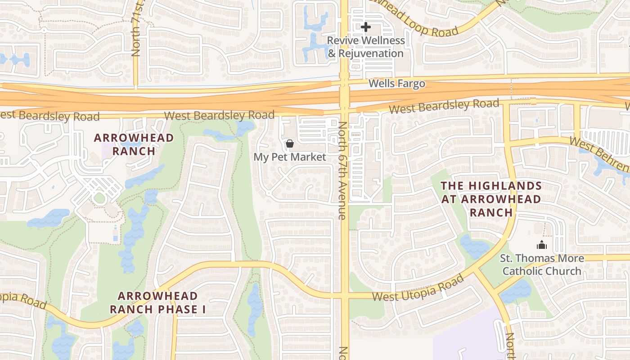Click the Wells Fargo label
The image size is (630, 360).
pyautogui.click(x=396, y=84)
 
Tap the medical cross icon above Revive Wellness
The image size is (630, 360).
pyautogui.click(x=366, y=27)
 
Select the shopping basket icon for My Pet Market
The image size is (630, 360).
pyautogui.click(x=290, y=144)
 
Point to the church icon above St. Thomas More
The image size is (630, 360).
pyautogui.click(x=541, y=245)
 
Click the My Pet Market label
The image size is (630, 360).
pyautogui.click(x=290, y=157)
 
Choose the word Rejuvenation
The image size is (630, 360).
pyautogui.click(x=371, y=54)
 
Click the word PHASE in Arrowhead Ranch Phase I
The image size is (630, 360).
pyautogui.click(x=176, y=310)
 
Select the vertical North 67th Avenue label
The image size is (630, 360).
pyautogui.click(x=342, y=171)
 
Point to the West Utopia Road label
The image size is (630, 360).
pyautogui.click(x=418, y=288)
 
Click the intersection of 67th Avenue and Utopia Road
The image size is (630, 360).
pyautogui.click(x=345, y=296)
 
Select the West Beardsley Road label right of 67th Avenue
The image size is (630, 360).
pyautogui.click(x=444, y=107)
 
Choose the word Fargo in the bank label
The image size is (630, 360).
pyautogui.click(x=411, y=84)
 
